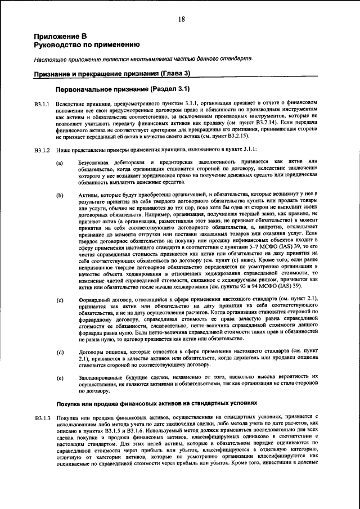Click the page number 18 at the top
pyautogui.click(x=182, y=19)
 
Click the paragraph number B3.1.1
pyautogui.click(x=42, y=104)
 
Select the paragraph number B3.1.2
pyautogui.click(x=42, y=150)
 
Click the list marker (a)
pyautogui.click(x=60, y=163)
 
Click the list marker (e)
pyautogui.click(x=60, y=377)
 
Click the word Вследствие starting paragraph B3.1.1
pyautogui.click(x=72, y=104)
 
